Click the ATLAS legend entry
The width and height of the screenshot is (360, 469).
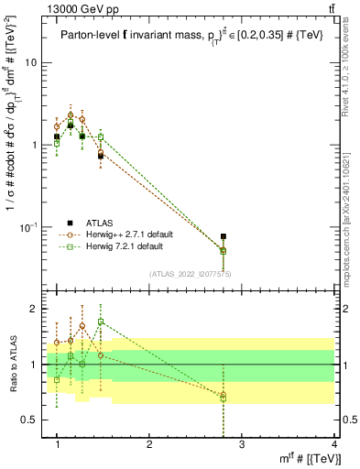pos(101,223)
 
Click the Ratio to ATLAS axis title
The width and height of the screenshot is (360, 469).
pos(13,365)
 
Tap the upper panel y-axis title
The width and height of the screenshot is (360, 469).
pos(13,156)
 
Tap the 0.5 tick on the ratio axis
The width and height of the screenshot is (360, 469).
pos(30,420)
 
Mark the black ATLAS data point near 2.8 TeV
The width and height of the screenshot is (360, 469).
pos(224,236)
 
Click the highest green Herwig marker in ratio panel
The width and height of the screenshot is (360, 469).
pos(101,322)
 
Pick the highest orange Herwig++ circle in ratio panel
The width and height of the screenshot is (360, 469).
pos(82,325)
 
